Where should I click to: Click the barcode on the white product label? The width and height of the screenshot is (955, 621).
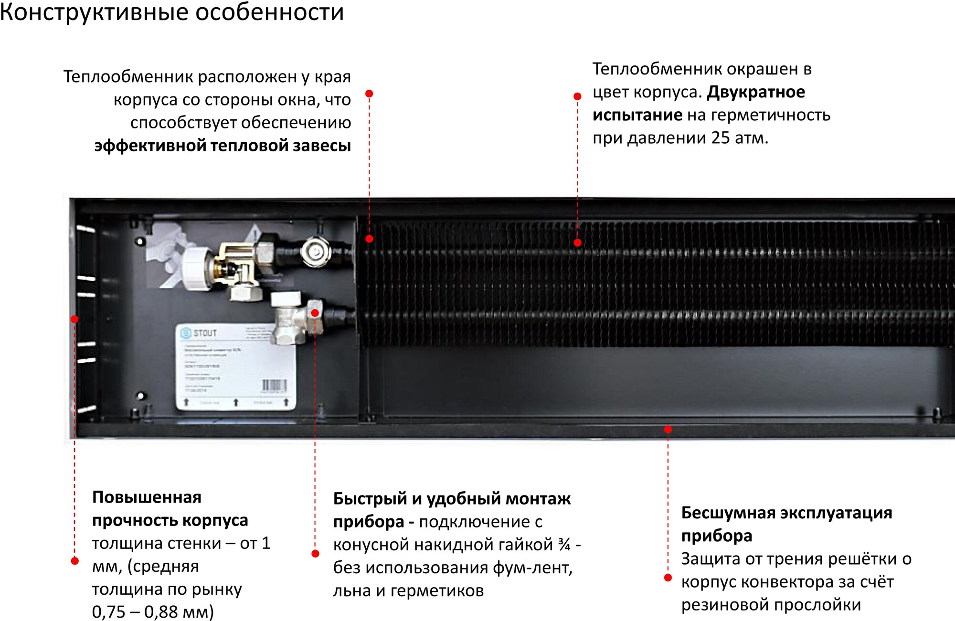[x=274, y=386]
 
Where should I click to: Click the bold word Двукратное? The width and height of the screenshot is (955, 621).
[x=756, y=92]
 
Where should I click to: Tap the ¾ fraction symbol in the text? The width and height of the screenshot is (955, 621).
[x=564, y=545]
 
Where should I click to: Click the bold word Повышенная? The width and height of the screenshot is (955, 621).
[x=147, y=497]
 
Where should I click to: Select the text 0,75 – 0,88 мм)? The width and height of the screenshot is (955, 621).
[x=153, y=611]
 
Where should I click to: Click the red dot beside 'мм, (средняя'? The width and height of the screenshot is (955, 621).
[x=74, y=561]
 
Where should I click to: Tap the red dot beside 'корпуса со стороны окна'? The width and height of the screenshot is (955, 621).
[x=369, y=94]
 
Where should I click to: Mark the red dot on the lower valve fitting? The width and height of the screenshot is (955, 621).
[x=315, y=313]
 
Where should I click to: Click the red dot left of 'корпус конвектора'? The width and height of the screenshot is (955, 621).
[x=668, y=578]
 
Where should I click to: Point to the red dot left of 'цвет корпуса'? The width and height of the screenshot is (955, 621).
[x=577, y=96]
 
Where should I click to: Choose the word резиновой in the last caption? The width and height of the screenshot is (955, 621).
[x=725, y=605]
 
